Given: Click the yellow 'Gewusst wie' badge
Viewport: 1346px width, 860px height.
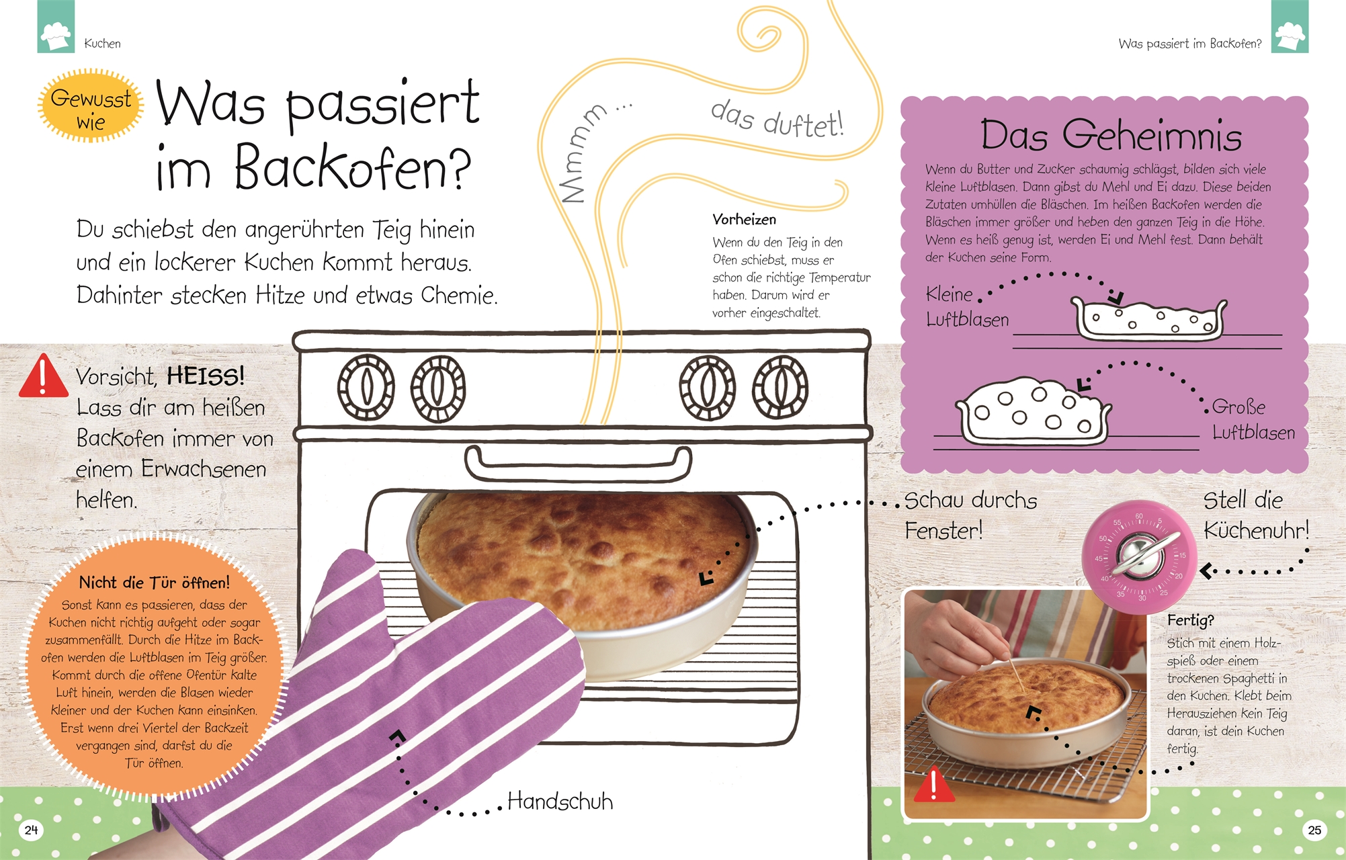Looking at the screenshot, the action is [x=91, y=105].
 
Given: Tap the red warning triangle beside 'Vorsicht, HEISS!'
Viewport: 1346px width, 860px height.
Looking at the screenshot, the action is [x=43, y=376].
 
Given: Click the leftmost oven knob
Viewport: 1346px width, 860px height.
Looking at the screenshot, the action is [x=366, y=388].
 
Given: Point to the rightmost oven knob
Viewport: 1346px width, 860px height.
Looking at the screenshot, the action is [x=780, y=388].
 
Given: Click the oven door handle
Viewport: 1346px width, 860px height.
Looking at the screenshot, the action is [x=578, y=464].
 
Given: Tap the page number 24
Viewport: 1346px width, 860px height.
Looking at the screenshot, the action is [x=31, y=830].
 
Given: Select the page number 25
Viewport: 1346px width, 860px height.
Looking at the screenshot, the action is [x=1314, y=830].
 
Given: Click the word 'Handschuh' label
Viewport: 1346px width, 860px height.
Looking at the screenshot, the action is [x=560, y=801].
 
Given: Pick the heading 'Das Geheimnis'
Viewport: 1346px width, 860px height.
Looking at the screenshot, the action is [x=1111, y=134].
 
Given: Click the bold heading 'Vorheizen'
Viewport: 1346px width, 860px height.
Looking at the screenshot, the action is [x=744, y=220].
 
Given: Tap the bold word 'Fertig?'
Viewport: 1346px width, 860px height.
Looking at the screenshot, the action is [x=1191, y=620].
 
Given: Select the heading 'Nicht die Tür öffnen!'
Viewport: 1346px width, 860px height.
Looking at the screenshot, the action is [x=155, y=583].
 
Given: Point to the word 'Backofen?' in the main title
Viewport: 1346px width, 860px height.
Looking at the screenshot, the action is [x=353, y=167].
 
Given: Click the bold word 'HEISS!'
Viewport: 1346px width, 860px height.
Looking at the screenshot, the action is [x=206, y=376].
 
